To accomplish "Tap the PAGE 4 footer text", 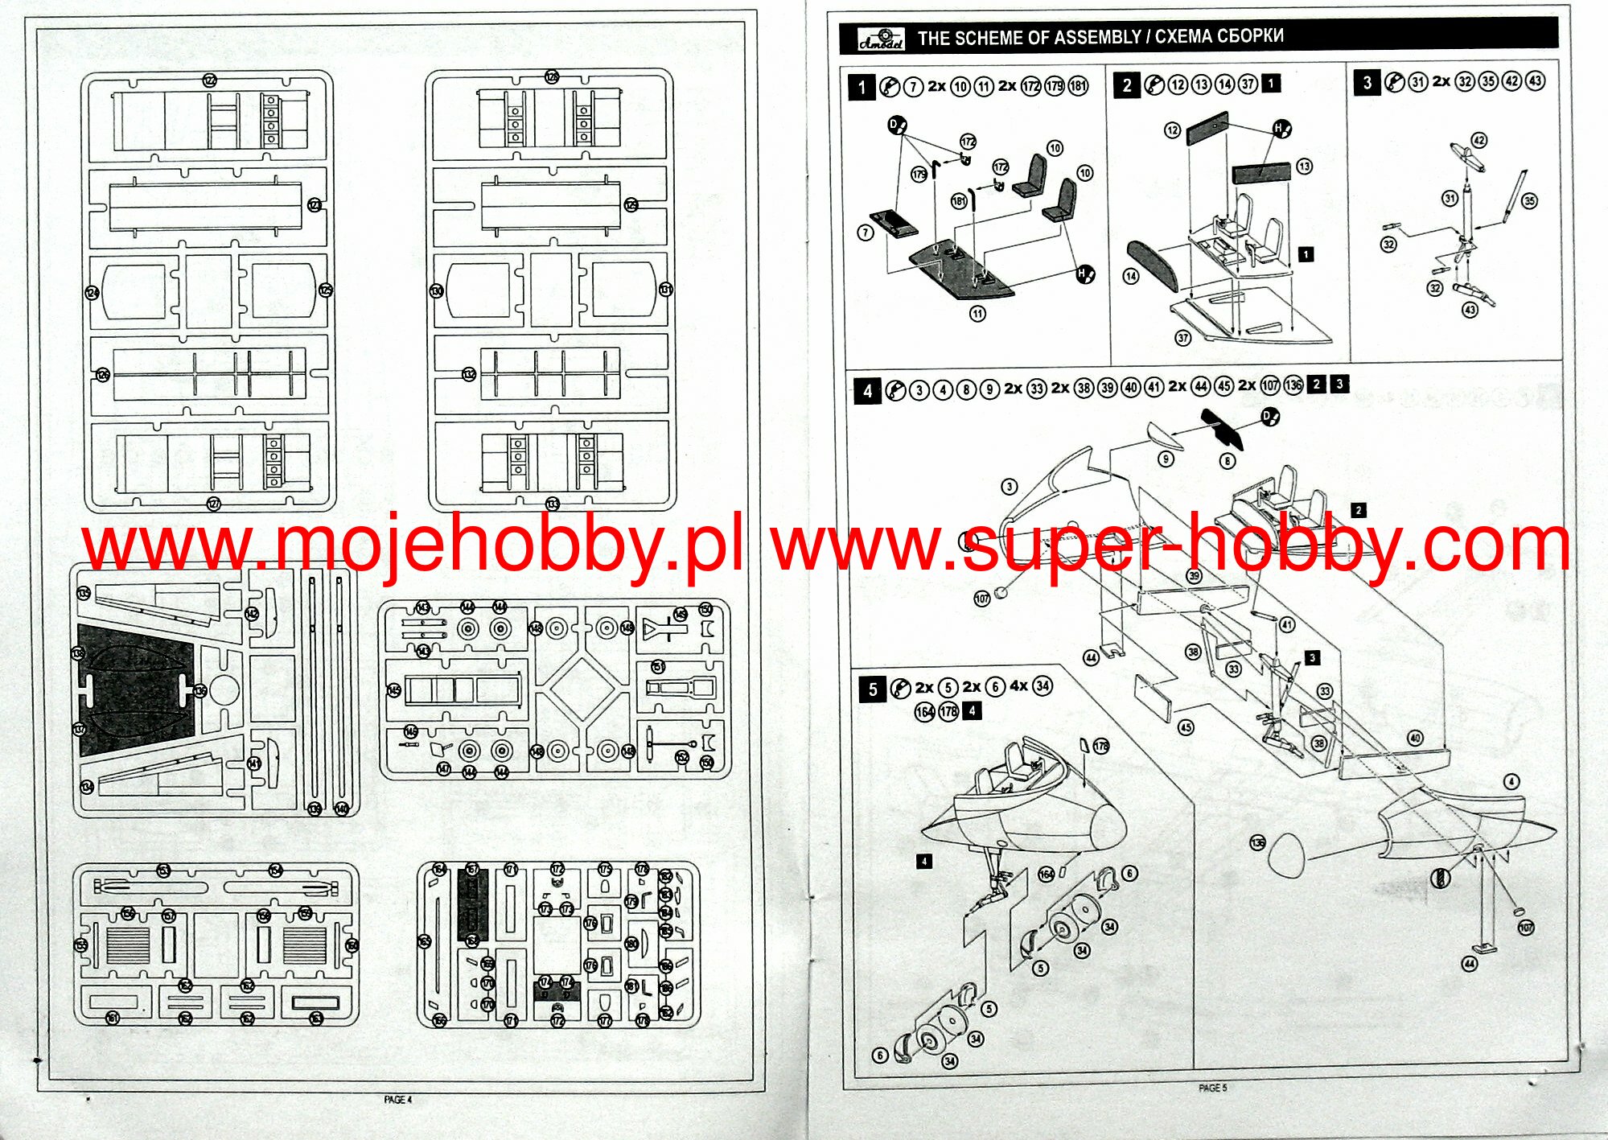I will pyautogui.click(x=397, y=1100).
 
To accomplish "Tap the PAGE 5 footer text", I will pyautogui.click(x=1212, y=1089).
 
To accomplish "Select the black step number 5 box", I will pyautogui.click(x=872, y=689).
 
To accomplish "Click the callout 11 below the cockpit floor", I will pyautogui.click(x=977, y=314).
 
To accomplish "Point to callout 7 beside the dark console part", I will pyautogui.click(x=866, y=233).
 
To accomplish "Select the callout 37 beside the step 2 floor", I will pyautogui.click(x=1182, y=338).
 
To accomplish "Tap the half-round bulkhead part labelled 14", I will pyautogui.click(x=1153, y=265).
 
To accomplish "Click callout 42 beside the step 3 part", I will pyautogui.click(x=1479, y=141).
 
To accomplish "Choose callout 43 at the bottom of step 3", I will pyautogui.click(x=1470, y=310).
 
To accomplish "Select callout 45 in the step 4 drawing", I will pyautogui.click(x=1186, y=728).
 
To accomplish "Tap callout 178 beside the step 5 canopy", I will pyautogui.click(x=1101, y=746).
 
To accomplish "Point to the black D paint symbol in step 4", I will pyautogui.click(x=1269, y=417).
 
